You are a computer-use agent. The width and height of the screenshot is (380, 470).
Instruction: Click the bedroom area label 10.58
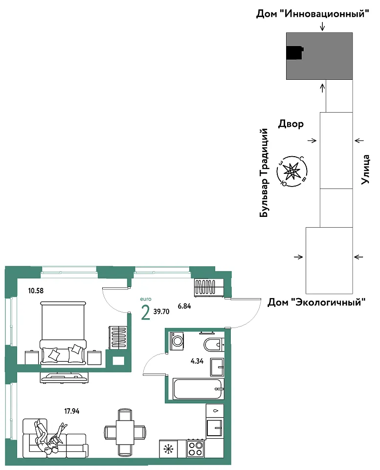pos(36,290)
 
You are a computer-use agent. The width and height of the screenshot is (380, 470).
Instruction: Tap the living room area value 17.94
pos(72,411)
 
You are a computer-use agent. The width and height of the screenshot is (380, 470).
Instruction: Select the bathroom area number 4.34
pos(197,361)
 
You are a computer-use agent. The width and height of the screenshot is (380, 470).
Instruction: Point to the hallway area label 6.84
pos(184,306)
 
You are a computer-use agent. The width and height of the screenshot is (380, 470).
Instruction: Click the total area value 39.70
pos(161,311)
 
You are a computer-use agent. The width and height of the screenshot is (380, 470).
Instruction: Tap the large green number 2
pos(146,313)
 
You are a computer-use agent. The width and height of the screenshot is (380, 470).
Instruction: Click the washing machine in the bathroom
pos(177,341)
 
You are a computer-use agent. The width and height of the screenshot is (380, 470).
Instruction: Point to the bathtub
pos(199,389)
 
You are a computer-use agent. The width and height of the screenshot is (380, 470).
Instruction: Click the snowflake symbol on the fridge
pos(168,449)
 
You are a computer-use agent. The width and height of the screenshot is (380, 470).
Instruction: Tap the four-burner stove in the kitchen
pos(195,449)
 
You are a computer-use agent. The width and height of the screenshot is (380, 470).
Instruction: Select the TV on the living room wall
pos(64,377)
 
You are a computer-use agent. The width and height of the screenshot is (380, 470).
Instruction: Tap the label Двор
pos(291,124)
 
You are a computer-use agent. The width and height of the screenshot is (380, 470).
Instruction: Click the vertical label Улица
pos(365,169)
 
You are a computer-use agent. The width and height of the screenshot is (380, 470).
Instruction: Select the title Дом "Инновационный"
pos(313,14)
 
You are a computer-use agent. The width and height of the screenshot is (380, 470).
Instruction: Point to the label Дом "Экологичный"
pos(316,302)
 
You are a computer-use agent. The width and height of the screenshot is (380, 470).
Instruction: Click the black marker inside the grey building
pos(295,53)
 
